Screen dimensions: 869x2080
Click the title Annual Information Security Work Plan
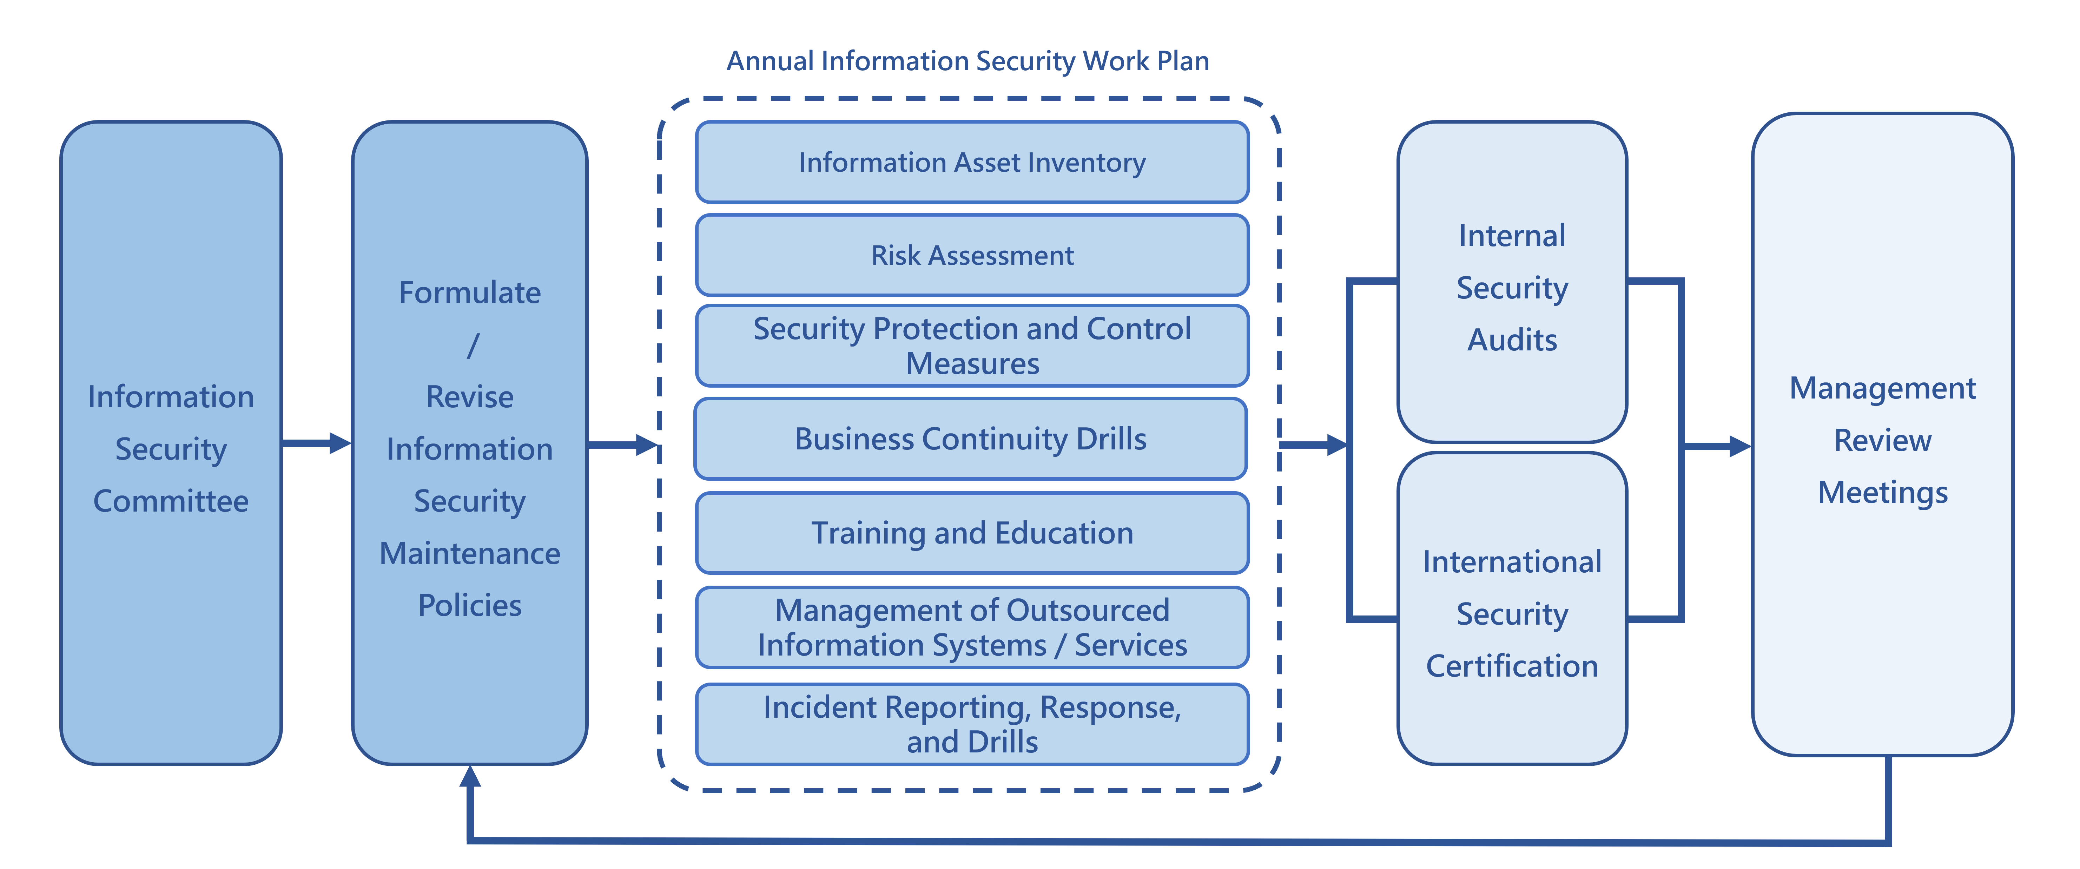[967, 61]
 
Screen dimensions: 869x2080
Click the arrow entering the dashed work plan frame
[623, 444]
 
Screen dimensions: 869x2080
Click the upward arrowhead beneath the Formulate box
[470, 777]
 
